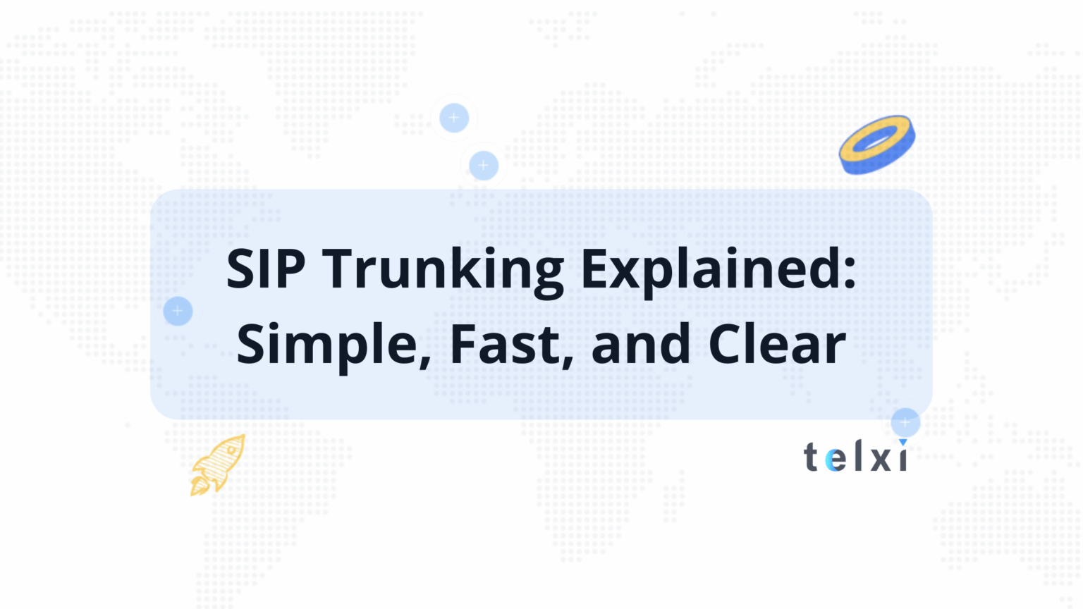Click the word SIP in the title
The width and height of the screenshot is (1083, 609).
click(x=266, y=269)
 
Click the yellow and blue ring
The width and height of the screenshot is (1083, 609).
click(x=876, y=144)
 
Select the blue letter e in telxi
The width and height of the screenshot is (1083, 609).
click(x=836, y=459)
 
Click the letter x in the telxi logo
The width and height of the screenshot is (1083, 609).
click(x=881, y=459)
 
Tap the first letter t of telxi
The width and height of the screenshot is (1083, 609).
click(x=811, y=457)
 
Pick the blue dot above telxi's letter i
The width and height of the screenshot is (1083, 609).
click(x=902, y=443)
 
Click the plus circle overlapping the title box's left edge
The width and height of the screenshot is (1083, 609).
click(x=178, y=311)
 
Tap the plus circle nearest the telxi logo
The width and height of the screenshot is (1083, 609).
click(x=905, y=422)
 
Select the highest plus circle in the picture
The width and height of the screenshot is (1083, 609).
click(x=454, y=118)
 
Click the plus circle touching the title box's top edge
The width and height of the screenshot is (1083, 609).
click(x=484, y=166)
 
